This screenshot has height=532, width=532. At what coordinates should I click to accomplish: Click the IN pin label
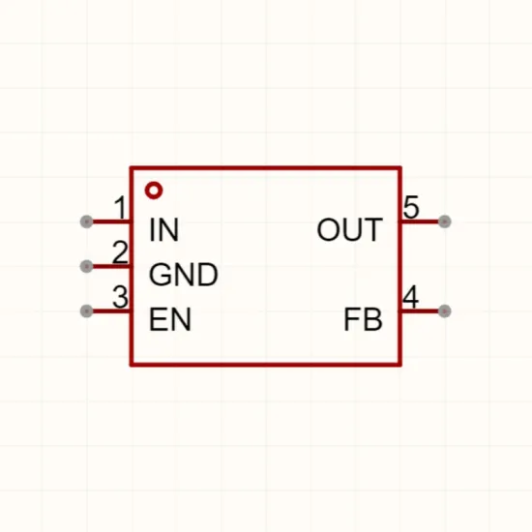[x=163, y=229]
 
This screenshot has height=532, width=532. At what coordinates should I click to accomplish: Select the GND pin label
[x=183, y=275]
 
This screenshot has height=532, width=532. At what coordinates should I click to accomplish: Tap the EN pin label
[x=170, y=319]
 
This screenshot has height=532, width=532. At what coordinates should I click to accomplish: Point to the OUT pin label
[x=349, y=229]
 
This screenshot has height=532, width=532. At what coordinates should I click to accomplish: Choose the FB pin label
[x=363, y=319]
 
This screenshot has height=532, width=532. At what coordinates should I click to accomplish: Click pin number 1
[x=120, y=208]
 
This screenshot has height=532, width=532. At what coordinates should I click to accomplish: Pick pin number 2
[x=120, y=252]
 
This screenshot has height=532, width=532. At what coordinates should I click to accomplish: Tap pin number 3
[x=120, y=297]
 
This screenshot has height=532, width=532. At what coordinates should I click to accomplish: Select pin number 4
[x=411, y=297]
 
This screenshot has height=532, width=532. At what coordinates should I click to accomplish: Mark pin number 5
[x=411, y=207]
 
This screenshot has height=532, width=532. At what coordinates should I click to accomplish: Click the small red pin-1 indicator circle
[x=154, y=191]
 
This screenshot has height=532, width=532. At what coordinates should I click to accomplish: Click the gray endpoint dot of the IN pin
[x=86, y=222]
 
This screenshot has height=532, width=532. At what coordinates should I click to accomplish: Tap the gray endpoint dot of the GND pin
[x=86, y=266]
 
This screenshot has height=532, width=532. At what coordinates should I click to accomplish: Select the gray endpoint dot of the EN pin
[x=86, y=311]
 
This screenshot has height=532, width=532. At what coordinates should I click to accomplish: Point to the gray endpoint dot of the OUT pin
[x=445, y=222]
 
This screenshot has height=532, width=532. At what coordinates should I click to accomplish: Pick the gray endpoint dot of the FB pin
[x=445, y=311]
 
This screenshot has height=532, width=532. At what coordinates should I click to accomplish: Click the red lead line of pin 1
[x=111, y=222]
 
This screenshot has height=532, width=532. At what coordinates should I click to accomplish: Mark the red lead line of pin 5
[x=420, y=222]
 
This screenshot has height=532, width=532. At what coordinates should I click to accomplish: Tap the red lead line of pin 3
[x=111, y=311]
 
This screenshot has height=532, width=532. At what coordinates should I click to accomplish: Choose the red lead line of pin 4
[x=420, y=311]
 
